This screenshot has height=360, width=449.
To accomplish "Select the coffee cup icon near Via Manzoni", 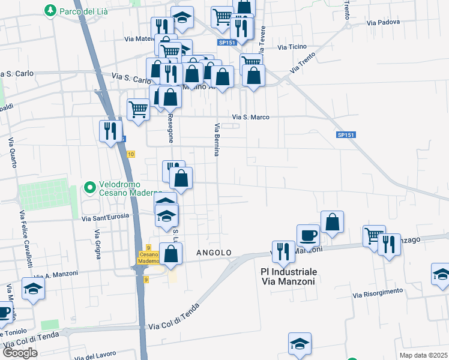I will point(308,235).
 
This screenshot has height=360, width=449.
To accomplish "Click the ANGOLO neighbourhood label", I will point(214,253).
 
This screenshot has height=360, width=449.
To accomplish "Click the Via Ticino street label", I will point(292,47).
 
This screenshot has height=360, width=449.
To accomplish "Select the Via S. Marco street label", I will point(250,117).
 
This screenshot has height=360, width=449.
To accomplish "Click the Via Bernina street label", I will point(216,140).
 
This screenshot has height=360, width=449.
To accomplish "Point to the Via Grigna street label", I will point(97,244).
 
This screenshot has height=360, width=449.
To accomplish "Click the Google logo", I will point(19,353).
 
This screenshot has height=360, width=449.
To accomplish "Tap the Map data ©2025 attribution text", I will point(423,355).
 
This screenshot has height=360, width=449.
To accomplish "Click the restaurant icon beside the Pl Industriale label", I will point(282,251).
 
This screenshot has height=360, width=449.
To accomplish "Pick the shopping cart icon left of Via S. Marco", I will point(138,110).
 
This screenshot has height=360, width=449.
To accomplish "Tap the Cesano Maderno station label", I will point(148,257).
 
